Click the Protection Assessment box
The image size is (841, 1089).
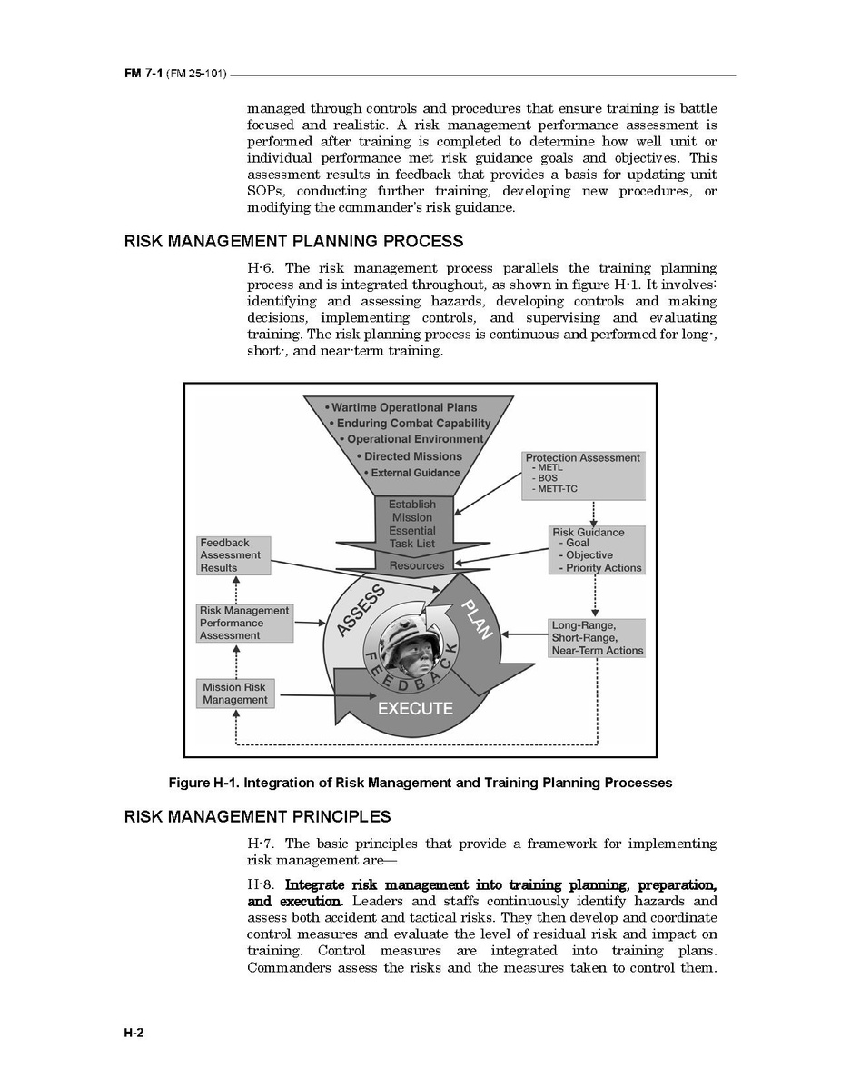point(583,474)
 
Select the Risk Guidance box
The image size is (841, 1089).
point(597,550)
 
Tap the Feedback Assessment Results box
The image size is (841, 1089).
point(234,555)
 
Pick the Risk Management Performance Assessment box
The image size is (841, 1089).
point(245,624)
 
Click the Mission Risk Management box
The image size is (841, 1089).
point(235,694)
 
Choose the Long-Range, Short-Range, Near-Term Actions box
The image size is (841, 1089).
point(597,638)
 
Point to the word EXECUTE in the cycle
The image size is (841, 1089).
point(415,708)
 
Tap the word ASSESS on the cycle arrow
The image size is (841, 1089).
point(361,612)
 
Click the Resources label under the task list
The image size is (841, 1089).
point(417,565)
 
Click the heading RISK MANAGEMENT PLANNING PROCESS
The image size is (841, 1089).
point(293,242)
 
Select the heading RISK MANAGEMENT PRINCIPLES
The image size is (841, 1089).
point(257,816)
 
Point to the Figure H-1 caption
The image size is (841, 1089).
point(420,783)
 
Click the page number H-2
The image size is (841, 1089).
point(134,1033)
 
